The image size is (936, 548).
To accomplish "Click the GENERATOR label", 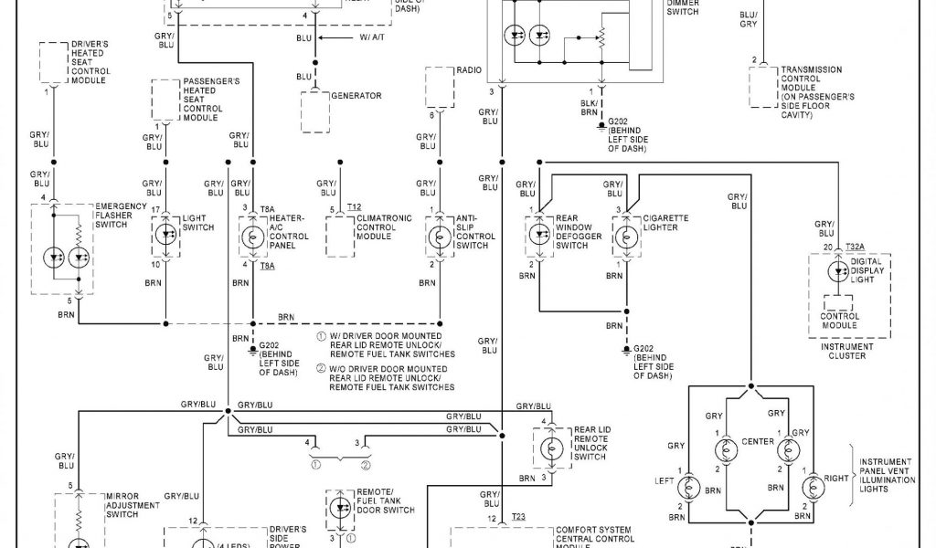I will pyautogui.click(x=356, y=96).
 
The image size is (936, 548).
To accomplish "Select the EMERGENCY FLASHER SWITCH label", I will pyautogui.click(x=122, y=216).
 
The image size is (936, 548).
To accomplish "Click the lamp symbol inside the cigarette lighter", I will pyautogui.click(x=626, y=237).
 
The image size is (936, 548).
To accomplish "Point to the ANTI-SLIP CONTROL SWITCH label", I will pyautogui.click(x=475, y=232).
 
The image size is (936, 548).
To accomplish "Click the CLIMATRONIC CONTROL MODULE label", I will pyautogui.click(x=384, y=227).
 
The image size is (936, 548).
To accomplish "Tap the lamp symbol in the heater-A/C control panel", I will pyautogui.click(x=251, y=237).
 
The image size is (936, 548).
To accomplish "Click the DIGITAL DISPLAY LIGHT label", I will pyautogui.click(x=867, y=270).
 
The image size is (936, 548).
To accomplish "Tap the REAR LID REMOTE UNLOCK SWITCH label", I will pyautogui.click(x=590, y=443).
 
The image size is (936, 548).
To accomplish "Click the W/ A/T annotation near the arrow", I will pyautogui.click(x=370, y=37).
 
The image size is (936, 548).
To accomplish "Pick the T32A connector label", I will pyautogui.click(x=855, y=247).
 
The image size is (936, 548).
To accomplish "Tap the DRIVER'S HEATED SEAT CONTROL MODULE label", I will pyautogui.click(x=90, y=62).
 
